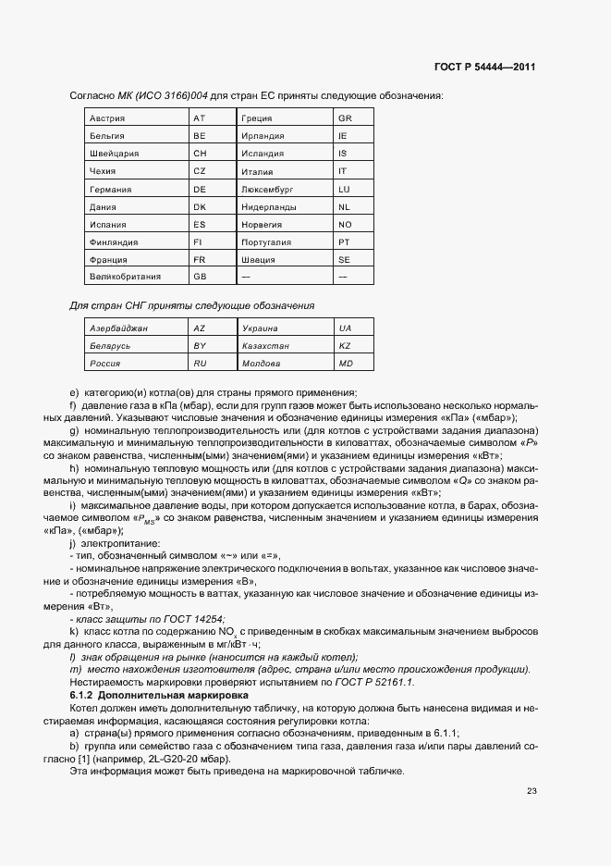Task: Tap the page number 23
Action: [531, 790]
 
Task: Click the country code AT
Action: [199, 119]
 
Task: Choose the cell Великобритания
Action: [125, 276]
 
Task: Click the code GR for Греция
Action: [345, 119]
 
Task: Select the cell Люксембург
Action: [266, 189]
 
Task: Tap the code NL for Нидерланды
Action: [344, 206]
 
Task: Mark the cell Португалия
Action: [265, 241]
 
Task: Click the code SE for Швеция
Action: [344, 259]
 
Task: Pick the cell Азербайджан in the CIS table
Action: [118, 328]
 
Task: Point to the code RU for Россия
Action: [200, 364]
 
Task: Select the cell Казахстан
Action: [265, 346]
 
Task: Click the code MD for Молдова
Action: [346, 364]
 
